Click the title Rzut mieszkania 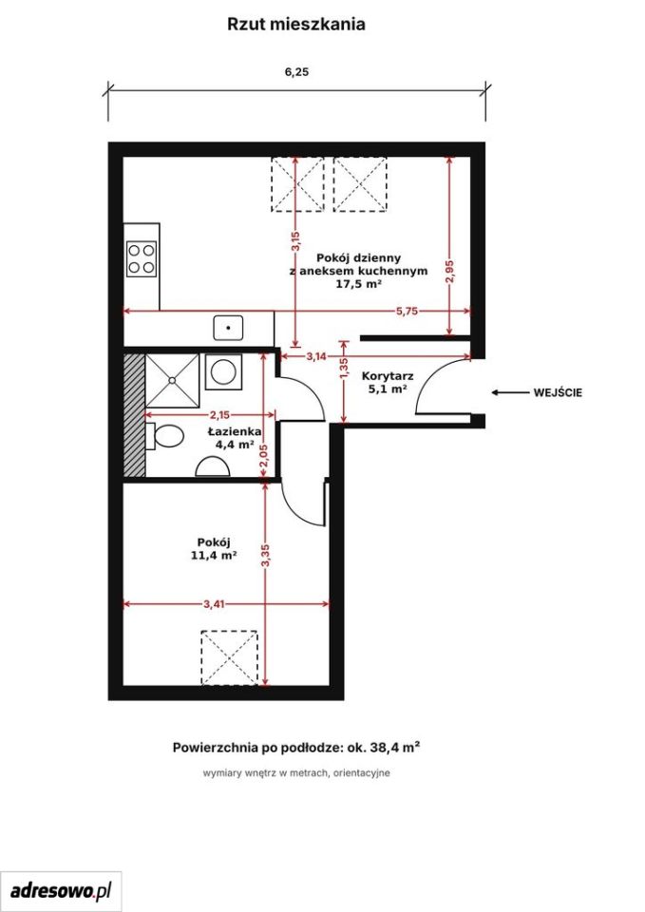pos(296,25)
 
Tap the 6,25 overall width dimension pos(296,72)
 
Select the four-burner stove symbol pos(142,258)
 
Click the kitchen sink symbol pos(228,328)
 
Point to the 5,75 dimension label pos(408,312)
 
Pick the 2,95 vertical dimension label pos(449,272)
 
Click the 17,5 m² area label pos(359,284)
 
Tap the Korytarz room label pos(388,376)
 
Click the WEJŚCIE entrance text pos(558,392)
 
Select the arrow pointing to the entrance pos(508,392)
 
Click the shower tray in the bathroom pos(172,380)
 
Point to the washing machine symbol pos(223,371)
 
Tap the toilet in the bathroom pos(164,436)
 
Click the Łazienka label pos(235,431)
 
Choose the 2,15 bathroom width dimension pos(219,415)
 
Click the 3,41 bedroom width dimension pos(214,604)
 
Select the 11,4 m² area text pos(214,556)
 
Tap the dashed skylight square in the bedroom pos(229,657)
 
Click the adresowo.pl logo pos(61,890)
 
